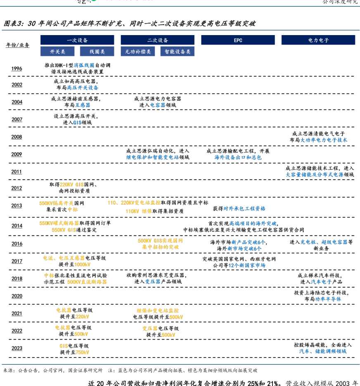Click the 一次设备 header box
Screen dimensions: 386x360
pyautogui.click(x=77, y=40)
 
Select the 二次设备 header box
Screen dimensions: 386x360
pyautogui.click(x=158, y=40)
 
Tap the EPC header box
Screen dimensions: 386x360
pyautogui.click(x=238, y=40)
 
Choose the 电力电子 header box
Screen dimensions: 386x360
pyautogui.click(x=318, y=40)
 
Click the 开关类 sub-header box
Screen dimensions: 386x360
pyautogui.click(x=58, y=51)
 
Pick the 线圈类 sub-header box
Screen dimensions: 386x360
pyautogui.click(x=97, y=51)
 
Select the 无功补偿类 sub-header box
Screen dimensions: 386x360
pyautogui.click(x=138, y=51)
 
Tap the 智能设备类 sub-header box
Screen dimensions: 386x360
pyautogui.click(x=178, y=51)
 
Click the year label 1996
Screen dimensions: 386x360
pyautogui.click(x=17, y=69)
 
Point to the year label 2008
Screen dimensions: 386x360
pyautogui.click(x=17, y=137)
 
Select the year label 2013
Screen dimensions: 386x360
pyautogui.click(x=17, y=206)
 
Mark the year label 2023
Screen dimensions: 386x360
pyautogui.click(x=17, y=348)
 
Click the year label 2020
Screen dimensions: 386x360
pyautogui.click(x=17, y=296)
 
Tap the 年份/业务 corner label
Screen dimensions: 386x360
pyautogui.click(x=18, y=45)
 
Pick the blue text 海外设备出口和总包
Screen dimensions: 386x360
pyautogui.click(x=238, y=157)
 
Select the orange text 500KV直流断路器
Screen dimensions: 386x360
pyautogui.click(x=87, y=282)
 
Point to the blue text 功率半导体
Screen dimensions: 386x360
pyautogui.click(x=328, y=299)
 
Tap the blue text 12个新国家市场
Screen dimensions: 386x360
pyautogui.click(x=247, y=265)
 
